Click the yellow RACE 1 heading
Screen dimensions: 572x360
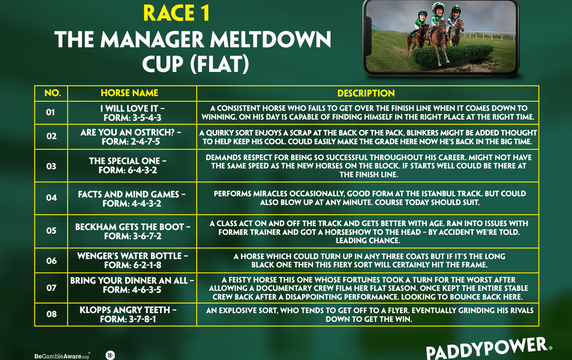pyautogui.click(x=176, y=13)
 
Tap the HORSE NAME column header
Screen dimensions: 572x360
pyautogui.click(x=129, y=93)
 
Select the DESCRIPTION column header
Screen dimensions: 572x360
pyautogui.click(x=366, y=93)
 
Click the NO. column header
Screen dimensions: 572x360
pyautogui.click(x=52, y=93)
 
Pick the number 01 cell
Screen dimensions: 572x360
pyautogui.click(x=50, y=112)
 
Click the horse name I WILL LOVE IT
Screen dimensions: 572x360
pyautogui.click(x=129, y=108)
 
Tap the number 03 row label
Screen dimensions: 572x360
pyautogui.click(x=51, y=166)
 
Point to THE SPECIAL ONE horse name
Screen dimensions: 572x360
pyautogui.click(x=125, y=161)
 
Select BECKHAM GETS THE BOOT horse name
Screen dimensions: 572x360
pyautogui.click(x=129, y=227)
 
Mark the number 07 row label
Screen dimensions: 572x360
pyautogui.click(x=51, y=288)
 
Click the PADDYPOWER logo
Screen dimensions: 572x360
pyautogui.click(x=489, y=348)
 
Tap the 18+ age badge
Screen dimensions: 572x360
pyautogui.click(x=110, y=355)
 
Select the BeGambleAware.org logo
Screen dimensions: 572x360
pyautogui.click(x=62, y=356)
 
